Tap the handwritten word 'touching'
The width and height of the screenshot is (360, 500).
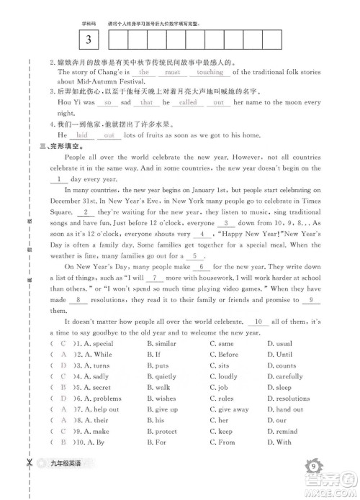(x=210, y=73)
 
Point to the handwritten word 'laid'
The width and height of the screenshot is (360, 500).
(x=82, y=135)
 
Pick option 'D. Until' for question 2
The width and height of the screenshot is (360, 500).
(x=279, y=355)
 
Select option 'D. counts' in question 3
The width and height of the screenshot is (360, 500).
(x=281, y=365)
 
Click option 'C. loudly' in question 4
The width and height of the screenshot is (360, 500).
(x=223, y=376)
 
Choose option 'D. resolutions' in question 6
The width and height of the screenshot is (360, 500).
(x=288, y=398)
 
